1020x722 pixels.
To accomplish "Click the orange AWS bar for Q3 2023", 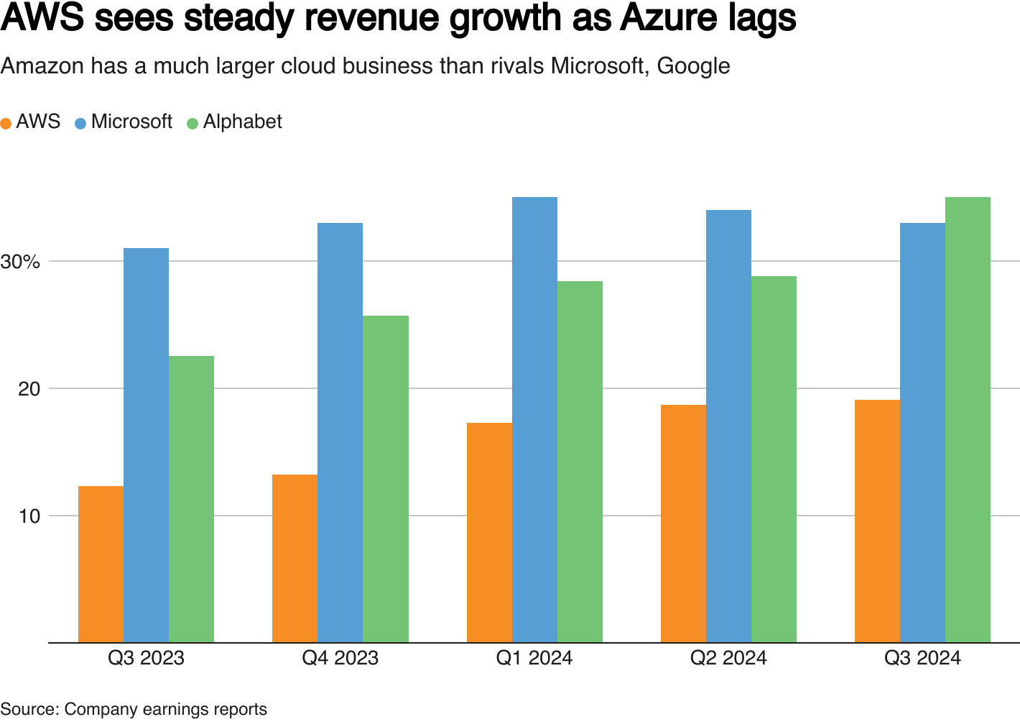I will point(101,565).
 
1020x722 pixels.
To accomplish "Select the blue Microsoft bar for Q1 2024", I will point(534,420).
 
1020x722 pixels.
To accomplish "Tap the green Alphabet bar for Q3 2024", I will point(968,420).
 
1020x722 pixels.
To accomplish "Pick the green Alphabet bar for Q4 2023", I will point(386,479).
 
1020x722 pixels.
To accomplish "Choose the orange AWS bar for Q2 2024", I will point(683,524).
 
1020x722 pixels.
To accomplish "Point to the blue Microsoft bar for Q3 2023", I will point(146,445).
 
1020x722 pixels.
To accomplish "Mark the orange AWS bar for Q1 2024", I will point(489,533).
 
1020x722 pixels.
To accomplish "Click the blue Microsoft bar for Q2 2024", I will point(728,426).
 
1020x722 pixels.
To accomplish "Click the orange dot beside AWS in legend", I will point(6,123).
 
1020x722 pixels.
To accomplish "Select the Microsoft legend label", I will point(131,122).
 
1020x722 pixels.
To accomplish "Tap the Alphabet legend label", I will point(242,122).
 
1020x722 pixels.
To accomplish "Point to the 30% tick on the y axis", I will point(20,262).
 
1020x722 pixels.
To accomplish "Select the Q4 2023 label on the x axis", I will point(340,658).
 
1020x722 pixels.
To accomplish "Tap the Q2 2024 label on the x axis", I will point(728,658).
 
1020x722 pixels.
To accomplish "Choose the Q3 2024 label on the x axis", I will point(922,658).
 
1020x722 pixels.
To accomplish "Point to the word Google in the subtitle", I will point(693,66).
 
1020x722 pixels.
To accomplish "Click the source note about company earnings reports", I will point(134,709).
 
